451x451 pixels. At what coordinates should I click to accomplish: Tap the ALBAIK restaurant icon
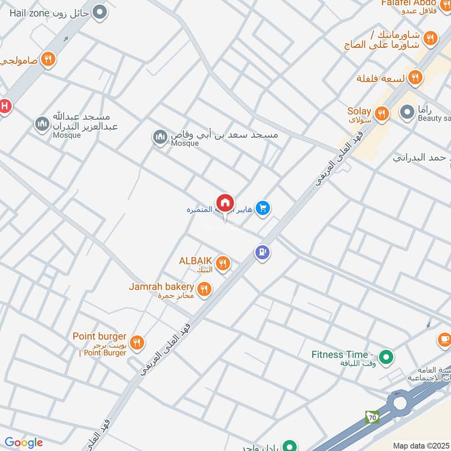point(223,263)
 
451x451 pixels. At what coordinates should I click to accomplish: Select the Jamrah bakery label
point(161,287)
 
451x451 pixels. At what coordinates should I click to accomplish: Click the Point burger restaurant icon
point(136,342)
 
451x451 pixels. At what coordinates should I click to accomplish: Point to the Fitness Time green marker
point(386,357)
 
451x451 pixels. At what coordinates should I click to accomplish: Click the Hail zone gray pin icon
point(100,12)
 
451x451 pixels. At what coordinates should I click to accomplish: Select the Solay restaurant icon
point(382,114)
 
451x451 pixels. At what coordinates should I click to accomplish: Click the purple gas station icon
point(262,252)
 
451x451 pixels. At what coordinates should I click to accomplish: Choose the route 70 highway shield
point(372,417)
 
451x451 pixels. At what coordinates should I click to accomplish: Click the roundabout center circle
point(400,403)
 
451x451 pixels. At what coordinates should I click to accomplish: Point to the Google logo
point(23,443)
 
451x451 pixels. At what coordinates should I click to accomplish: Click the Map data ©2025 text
point(421,445)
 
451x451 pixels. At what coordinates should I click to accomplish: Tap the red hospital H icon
point(5,106)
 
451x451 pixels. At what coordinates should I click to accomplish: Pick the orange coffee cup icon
point(444,339)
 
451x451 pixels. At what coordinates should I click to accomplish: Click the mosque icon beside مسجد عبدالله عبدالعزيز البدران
point(42,123)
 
